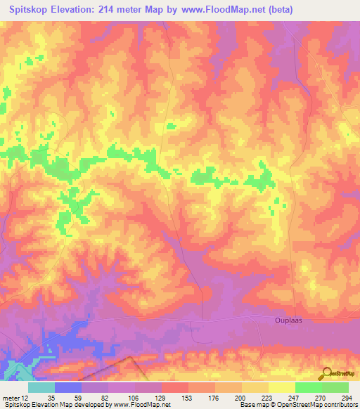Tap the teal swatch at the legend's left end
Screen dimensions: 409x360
(41, 387)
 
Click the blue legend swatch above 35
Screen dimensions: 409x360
(68, 387)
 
